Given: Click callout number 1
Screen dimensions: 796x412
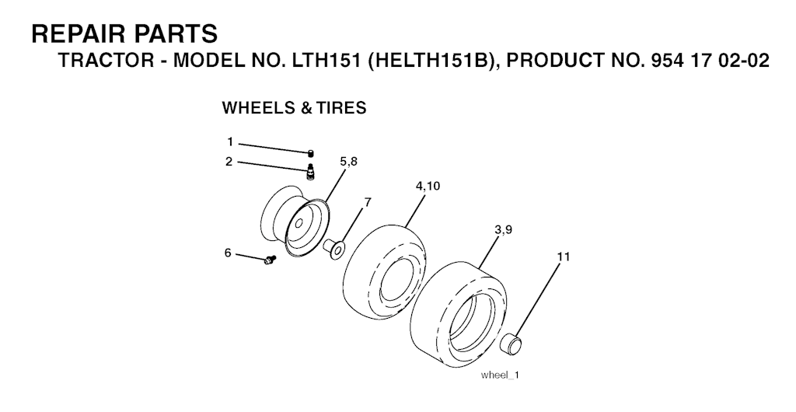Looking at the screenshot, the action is click(230, 141).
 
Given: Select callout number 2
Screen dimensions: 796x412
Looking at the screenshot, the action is click(229, 162).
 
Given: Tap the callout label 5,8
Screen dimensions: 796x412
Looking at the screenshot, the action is click(348, 162).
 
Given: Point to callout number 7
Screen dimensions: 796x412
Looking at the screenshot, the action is click(367, 202).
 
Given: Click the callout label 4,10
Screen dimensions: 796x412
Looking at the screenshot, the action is click(428, 187).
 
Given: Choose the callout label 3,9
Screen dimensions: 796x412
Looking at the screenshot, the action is click(503, 230).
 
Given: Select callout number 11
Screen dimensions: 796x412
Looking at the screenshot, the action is click(563, 257).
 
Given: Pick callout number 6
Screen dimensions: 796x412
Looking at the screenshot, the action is click(228, 252).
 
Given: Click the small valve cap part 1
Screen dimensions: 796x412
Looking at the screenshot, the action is click(311, 154).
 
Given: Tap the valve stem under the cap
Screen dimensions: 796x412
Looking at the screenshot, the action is click(311, 170).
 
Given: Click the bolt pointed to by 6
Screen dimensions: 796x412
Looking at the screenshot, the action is click(270, 260).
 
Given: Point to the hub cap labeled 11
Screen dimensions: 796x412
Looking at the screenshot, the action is click(511, 343).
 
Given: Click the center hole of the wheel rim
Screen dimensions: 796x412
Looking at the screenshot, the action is click(299, 222).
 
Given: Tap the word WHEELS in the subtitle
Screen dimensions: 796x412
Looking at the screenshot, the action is click(255, 107).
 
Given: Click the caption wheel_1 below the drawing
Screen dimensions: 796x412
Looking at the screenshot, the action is click(501, 375).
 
